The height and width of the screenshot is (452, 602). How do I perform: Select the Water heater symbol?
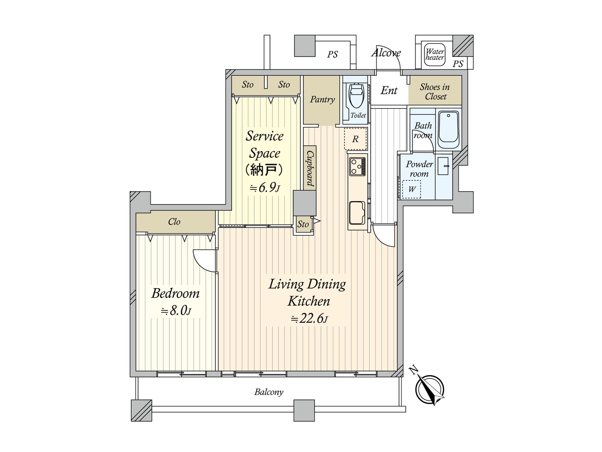coord(435,55)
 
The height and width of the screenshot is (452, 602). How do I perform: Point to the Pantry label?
coord(322,99)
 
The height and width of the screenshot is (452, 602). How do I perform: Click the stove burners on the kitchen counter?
coord(357,166)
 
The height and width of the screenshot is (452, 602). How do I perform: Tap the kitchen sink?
coord(357,213)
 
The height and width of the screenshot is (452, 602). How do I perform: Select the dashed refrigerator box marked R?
coord(356,139)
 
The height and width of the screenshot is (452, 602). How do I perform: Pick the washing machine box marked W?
coord(411,189)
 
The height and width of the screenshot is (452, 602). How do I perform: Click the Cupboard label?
coord(310,168)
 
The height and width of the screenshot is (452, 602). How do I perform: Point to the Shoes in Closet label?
coord(435,92)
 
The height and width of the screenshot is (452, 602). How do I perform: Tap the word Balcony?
coord(269,392)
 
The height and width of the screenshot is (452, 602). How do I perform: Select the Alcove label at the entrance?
coord(386,53)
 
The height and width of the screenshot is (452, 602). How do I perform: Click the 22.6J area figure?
coord(309,319)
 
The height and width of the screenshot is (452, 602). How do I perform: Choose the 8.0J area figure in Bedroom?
coord(176,311)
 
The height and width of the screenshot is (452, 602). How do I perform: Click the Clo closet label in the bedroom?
coord(174,221)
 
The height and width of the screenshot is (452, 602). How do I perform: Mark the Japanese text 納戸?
coord(264,170)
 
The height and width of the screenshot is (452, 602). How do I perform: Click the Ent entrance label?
coord(389,90)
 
